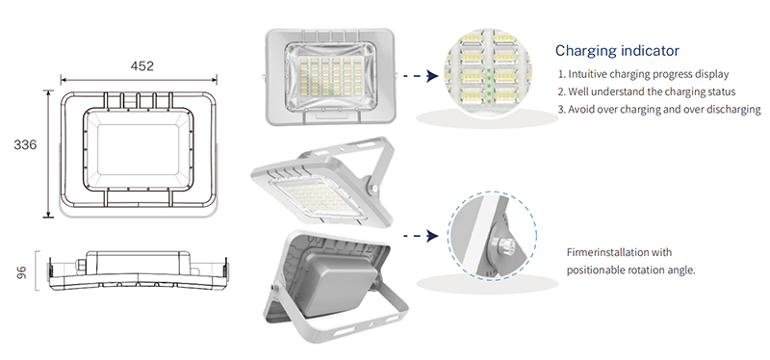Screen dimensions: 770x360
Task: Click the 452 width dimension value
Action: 141,66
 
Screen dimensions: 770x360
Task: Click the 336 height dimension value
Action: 25,145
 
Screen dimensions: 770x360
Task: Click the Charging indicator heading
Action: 617,50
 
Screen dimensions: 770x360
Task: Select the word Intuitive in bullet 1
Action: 586,74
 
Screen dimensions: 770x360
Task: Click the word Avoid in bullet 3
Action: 580,109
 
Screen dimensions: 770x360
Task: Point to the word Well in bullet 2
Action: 577,91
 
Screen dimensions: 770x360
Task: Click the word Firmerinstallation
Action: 607,252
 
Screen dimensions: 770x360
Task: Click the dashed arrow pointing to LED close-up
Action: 421,76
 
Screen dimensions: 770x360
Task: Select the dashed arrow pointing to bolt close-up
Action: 421,236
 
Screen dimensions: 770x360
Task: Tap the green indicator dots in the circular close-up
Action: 489,85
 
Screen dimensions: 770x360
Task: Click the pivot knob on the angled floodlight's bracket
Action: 373,188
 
